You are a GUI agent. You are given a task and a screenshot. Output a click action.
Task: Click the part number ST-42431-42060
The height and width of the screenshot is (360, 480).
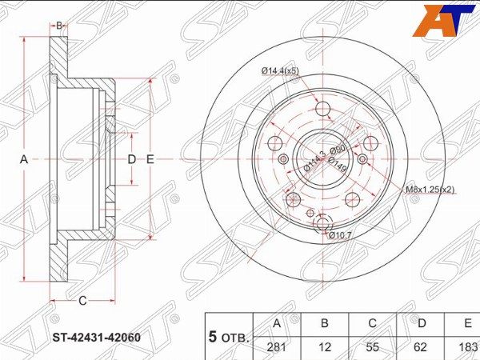97,338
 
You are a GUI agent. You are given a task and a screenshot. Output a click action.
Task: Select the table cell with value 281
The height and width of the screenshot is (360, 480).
277,347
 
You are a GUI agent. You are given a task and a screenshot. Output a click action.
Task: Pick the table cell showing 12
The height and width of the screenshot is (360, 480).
325,347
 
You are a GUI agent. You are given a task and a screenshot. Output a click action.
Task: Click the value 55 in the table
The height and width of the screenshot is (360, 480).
372,347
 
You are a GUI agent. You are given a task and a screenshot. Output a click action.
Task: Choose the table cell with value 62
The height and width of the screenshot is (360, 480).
420,347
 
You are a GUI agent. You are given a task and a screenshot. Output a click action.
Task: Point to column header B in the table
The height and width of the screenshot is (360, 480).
325,323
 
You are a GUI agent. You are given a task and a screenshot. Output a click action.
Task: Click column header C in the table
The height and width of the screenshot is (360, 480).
372,323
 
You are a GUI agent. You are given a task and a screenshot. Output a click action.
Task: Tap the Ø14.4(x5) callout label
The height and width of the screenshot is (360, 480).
280,71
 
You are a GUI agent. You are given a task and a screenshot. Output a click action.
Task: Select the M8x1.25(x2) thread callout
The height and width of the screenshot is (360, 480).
430,190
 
